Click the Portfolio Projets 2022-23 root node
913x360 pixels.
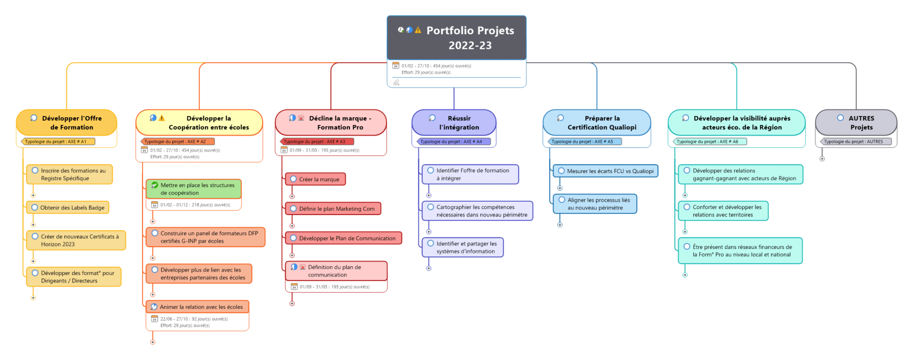456,38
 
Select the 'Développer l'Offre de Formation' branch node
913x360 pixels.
67,123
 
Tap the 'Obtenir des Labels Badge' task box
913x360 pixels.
68,208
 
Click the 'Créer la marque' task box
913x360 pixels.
315,179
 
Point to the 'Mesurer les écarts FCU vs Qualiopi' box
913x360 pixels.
605,171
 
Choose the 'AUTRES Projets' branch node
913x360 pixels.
856,123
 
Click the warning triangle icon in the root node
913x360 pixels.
418,30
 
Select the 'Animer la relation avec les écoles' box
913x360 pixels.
197,307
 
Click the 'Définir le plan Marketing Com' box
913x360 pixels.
333,209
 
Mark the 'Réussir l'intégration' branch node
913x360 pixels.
454,123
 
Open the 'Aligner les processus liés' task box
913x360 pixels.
595,204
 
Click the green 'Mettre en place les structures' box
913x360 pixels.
194,189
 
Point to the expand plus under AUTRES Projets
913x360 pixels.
822,159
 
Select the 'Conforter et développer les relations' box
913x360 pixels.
723,211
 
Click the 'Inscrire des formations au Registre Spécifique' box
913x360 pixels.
69,175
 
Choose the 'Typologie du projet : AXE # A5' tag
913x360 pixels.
585,142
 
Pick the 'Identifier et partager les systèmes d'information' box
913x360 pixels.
463,247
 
